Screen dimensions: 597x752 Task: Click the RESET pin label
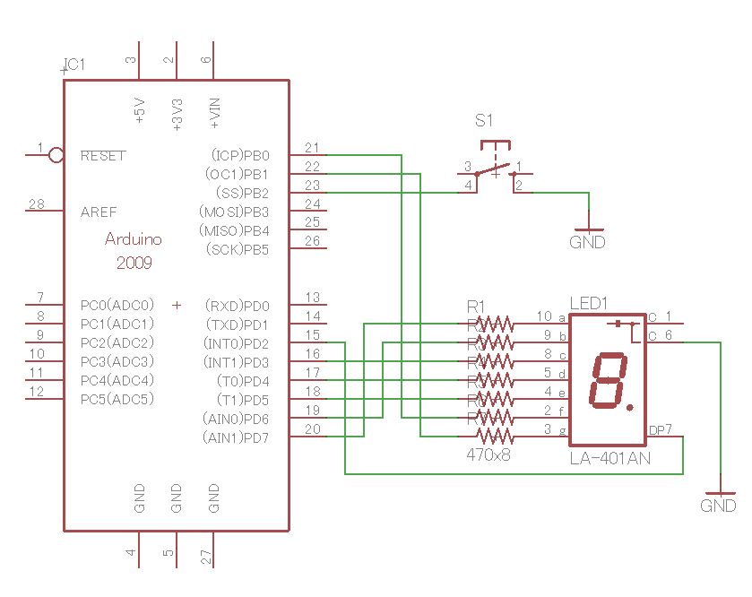click(x=103, y=156)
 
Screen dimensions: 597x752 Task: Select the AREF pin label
click(x=99, y=212)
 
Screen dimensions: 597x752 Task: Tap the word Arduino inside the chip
click(x=134, y=239)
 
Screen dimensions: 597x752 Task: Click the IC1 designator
click(x=73, y=65)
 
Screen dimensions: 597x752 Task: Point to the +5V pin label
click(x=140, y=110)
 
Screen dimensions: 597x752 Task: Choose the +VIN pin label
click(x=215, y=110)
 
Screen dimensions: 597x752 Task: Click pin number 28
click(x=36, y=205)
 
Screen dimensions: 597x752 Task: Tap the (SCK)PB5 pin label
click(x=238, y=249)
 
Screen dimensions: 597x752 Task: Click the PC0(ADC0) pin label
click(x=117, y=305)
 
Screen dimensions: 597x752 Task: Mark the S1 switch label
click(x=484, y=120)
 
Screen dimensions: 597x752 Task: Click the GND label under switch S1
click(x=587, y=242)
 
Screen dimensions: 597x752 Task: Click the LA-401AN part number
click(x=609, y=459)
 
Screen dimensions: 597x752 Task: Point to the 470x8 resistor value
click(x=488, y=455)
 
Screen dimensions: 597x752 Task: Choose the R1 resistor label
click(x=476, y=307)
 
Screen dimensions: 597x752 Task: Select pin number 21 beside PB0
click(x=312, y=148)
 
